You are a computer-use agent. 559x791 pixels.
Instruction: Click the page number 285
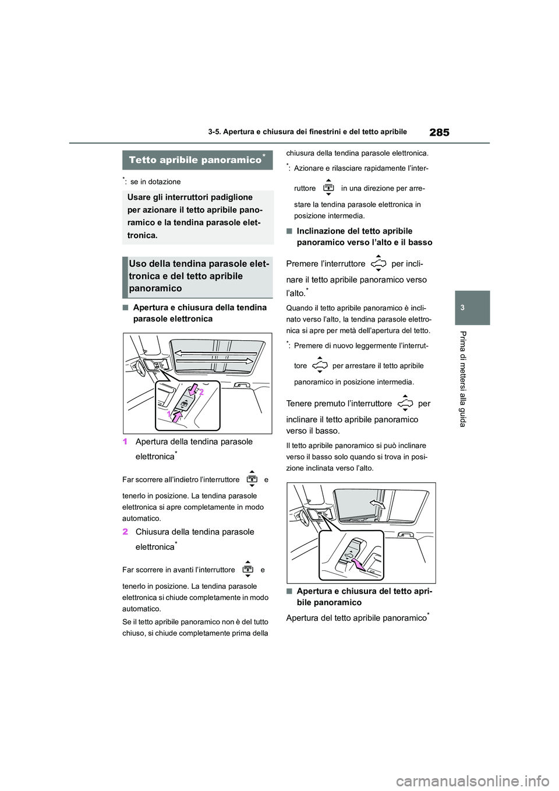(x=439, y=132)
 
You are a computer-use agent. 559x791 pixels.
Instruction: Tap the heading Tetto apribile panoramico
(x=195, y=160)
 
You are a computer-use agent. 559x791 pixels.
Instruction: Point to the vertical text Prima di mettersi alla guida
(x=463, y=379)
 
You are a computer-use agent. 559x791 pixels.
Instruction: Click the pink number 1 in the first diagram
(x=169, y=414)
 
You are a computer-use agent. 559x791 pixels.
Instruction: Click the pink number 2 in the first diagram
(x=201, y=393)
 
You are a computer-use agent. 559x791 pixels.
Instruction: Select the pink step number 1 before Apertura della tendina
(x=125, y=442)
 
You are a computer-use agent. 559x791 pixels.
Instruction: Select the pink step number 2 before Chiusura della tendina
(x=125, y=532)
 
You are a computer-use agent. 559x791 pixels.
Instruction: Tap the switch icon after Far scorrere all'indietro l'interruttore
(x=252, y=479)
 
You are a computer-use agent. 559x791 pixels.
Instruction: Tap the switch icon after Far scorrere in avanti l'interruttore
(x=247, y=569)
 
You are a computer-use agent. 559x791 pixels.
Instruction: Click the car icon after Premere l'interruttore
(x=378, y=264)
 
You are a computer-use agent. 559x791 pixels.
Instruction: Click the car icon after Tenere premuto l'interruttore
(x=405, y=403)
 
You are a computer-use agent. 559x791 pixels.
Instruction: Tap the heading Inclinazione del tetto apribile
(x=364, y=236)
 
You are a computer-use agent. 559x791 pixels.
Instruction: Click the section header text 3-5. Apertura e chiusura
(x=307, y=132)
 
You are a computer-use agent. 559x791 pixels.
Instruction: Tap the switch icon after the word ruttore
(x=328, y=188)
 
